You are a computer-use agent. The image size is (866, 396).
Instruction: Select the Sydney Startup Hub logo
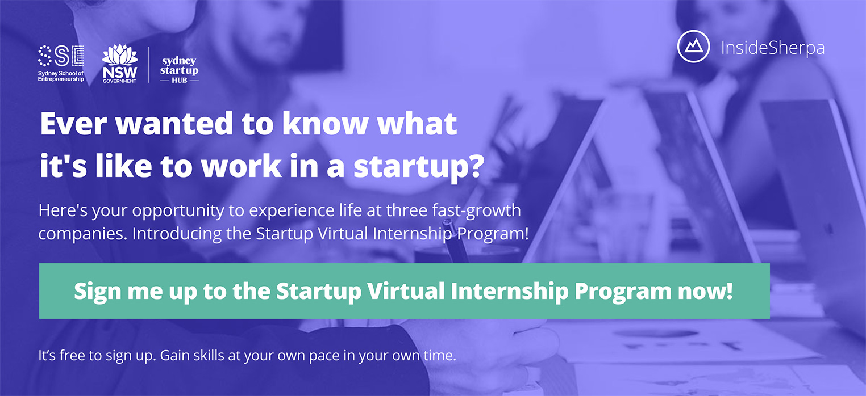[x=179, y=69]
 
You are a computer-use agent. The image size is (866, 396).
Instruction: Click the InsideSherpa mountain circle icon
[x=693, y=47]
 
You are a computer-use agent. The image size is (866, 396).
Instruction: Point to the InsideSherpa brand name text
[x=772, y=48]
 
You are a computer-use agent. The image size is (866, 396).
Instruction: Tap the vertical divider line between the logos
[x=149, y=65]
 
